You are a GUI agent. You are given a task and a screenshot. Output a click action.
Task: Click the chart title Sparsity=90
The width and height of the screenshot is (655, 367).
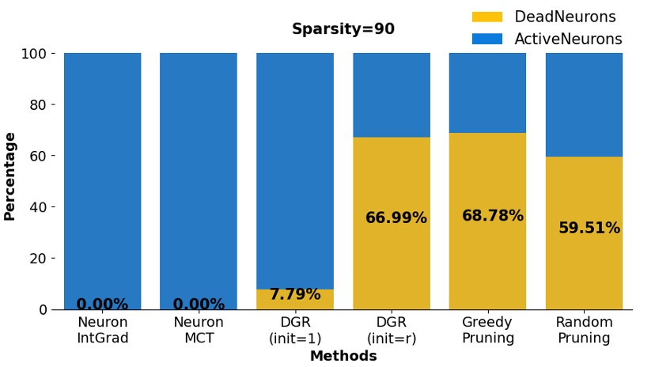point(343,30)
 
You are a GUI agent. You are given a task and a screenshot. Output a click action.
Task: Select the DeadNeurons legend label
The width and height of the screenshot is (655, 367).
point(565,17)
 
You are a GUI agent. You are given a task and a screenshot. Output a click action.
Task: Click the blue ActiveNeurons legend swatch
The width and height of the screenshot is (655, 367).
point(487,39)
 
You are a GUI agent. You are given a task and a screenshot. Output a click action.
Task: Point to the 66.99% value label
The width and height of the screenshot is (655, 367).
point(396,218)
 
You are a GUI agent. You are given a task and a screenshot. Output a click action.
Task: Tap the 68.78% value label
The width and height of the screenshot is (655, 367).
point(492,216)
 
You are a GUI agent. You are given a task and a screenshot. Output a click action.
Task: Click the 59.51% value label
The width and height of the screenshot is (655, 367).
point(589,229)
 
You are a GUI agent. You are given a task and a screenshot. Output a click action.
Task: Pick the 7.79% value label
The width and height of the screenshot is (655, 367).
point(294,295)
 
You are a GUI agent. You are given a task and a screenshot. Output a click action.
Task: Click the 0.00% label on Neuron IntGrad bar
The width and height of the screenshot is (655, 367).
point(102,305)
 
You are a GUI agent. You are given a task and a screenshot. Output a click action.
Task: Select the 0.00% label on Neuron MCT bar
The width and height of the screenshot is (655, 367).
point(199,305)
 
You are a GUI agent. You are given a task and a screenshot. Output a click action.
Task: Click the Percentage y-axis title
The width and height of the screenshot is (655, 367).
point(10,176)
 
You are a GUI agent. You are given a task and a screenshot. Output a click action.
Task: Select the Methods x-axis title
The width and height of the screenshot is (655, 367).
point(343,357)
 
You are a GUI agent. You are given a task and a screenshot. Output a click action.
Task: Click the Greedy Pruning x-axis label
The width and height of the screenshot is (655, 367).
point(487,331)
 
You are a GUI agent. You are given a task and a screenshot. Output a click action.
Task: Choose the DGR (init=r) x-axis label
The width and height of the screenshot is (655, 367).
point(391,331)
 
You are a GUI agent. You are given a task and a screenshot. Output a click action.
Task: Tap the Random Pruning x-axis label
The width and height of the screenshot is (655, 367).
point(584,331)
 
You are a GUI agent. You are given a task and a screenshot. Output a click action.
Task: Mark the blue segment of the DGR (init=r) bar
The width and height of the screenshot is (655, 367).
point(391,95)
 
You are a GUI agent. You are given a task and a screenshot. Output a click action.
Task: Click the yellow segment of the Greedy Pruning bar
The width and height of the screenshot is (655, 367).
point(487,261)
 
